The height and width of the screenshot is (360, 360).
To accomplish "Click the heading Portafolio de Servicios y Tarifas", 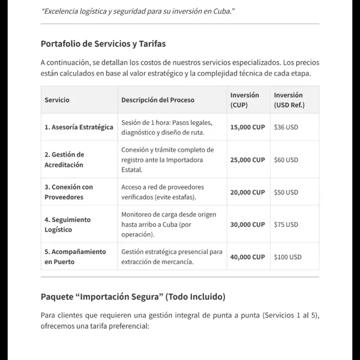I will (x=103, y=44).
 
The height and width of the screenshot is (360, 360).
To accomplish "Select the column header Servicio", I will (x=57, y=100).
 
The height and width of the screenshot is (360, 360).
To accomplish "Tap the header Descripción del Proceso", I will (x=158, y=100).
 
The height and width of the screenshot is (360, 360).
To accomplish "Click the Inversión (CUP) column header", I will (x=245, y=100).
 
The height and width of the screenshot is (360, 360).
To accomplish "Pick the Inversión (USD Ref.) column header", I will (x=289, y=100).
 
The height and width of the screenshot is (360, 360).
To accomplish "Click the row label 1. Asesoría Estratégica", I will (x=79, y=127).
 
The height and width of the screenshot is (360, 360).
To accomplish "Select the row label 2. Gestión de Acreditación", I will (x=64, y=160).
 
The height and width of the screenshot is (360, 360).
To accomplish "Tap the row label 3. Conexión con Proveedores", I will (x=68, y=192).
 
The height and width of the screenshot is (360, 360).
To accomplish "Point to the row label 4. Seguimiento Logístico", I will (x=67, y=224).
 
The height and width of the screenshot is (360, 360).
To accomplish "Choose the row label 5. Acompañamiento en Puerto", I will (x=75, y=257).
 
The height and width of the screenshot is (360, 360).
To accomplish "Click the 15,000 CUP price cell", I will (x=247, y=127).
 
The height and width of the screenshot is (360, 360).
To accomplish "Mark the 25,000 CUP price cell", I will (x=247, y=160).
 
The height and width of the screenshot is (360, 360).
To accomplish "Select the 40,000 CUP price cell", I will (x=247, y=257).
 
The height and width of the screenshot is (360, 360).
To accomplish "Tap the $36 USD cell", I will (x=286, y=127).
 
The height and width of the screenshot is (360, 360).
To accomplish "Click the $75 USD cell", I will (x=286, y=224).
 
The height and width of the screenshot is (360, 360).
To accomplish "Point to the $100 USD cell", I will (x=287, y=257).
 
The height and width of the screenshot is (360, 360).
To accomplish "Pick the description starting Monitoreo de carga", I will (x=169, y=224).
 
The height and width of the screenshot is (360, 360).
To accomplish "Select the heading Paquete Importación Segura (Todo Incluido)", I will (x=133, y=296).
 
